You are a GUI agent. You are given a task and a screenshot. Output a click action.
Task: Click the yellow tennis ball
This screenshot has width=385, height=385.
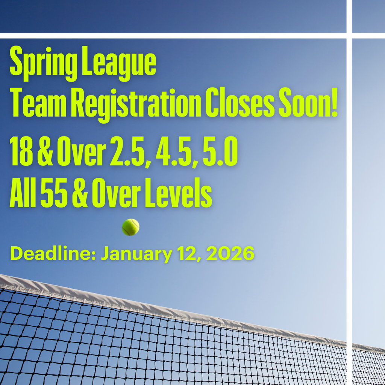pyautogui.click(x=130, y=227)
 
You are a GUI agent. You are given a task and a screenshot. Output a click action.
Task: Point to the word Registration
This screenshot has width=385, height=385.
pyautogui.click(x=136, y=104)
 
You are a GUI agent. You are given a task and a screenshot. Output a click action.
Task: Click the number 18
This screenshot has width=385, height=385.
pyautogui.click(x=21, y=152)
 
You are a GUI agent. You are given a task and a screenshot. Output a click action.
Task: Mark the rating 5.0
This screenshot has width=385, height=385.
pyautogui.click(x=220, y=152)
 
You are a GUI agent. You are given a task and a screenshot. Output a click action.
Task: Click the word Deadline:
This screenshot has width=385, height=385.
pyautogui.click(x=53, y=254)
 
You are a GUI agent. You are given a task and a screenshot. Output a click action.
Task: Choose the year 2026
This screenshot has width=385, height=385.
pyautogui.click(x=230, y=254)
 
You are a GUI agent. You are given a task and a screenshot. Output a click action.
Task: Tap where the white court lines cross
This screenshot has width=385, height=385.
pyautogui.click(x=349, y=36)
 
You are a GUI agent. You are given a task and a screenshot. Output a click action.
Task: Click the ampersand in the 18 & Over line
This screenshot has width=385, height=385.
pyautogui.click(x=45, y=152)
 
